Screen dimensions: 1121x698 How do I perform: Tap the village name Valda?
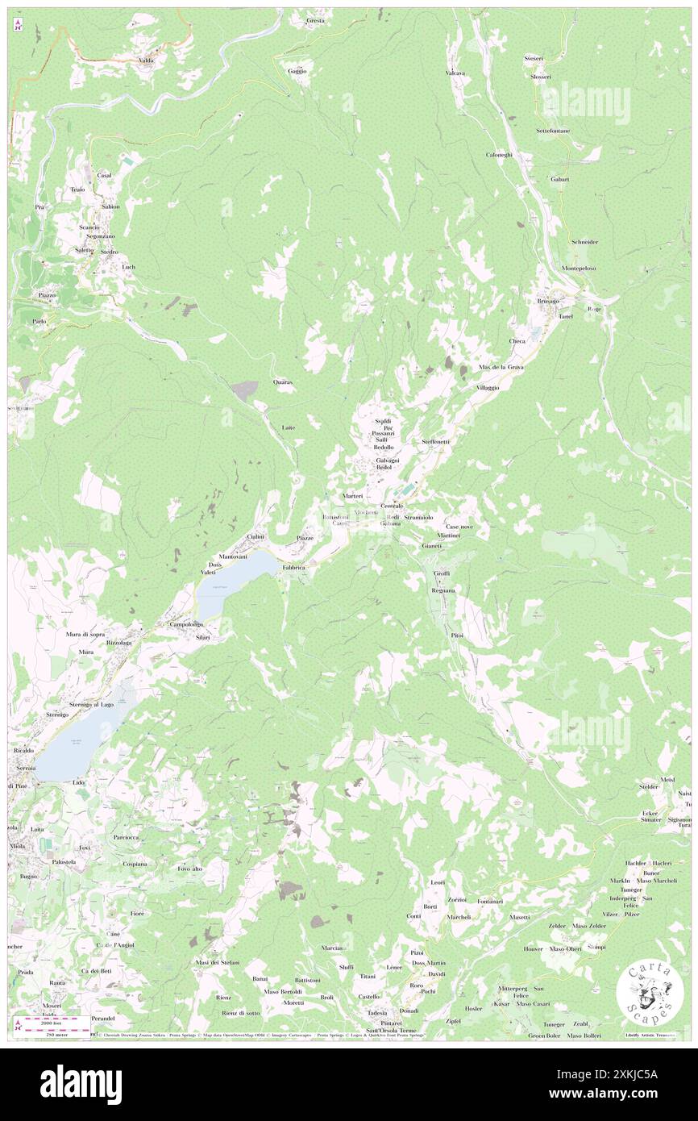(x=146, y=60)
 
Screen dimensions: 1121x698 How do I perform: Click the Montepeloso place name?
(x=578, y=269)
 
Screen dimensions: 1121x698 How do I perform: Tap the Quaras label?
(x=282, y=381)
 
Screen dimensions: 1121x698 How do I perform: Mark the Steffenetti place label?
(x=436, y=442)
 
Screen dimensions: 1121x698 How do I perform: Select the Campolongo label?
(x=184, y=624)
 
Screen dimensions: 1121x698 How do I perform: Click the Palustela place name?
(x=63, y=861)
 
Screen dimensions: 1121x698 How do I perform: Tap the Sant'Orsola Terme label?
(x=393, y=1031)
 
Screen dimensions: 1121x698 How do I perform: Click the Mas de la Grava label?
(x=501, y=367)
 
